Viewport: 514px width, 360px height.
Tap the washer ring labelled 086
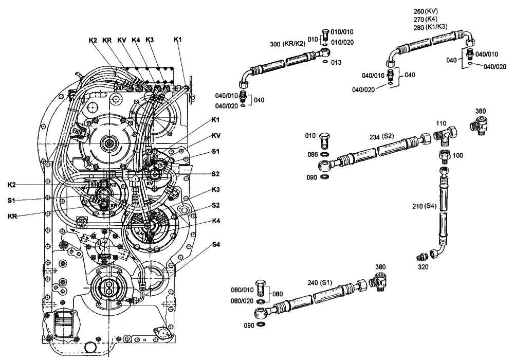pos(325,154)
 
